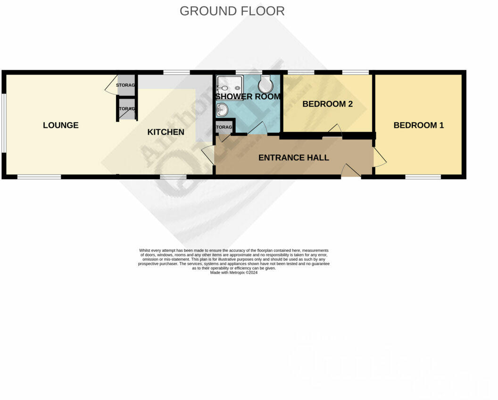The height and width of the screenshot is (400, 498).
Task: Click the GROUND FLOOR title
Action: click(232, 11)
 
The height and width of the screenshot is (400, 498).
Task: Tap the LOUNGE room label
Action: click(60, 125)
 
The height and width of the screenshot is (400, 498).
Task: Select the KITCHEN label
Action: click(166, 132)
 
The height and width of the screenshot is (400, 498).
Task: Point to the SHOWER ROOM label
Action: click(248, 97)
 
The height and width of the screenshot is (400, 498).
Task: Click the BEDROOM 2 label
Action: click(327, 104)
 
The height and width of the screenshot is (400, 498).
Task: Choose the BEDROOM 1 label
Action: click(418, 125)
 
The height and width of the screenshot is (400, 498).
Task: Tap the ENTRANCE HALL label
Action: click(293, 158)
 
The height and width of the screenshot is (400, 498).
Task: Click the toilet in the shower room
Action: click(266, 85)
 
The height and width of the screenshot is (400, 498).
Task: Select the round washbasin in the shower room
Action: click(222, 110)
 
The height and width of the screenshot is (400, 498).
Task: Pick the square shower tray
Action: click(229, 87)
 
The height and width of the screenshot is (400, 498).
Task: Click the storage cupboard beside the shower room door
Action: click(224, 127)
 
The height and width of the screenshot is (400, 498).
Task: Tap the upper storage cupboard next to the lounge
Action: click(126, 85)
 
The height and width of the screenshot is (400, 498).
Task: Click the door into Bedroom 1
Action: click(379, 158)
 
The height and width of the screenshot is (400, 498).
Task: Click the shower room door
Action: click(257, 129)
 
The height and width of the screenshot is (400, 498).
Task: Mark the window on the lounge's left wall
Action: click(4, 123)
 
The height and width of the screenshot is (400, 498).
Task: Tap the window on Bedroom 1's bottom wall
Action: click(423, 177)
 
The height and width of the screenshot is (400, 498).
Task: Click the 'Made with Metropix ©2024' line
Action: click(234, 272)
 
